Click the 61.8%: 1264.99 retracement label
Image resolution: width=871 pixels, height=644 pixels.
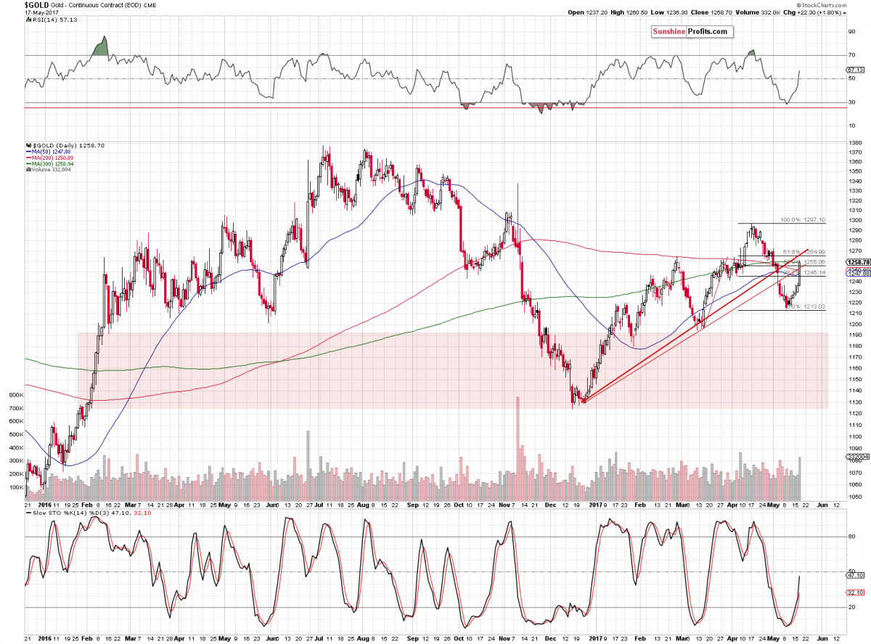(803, 252)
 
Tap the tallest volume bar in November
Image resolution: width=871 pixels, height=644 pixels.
(518, 436)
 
